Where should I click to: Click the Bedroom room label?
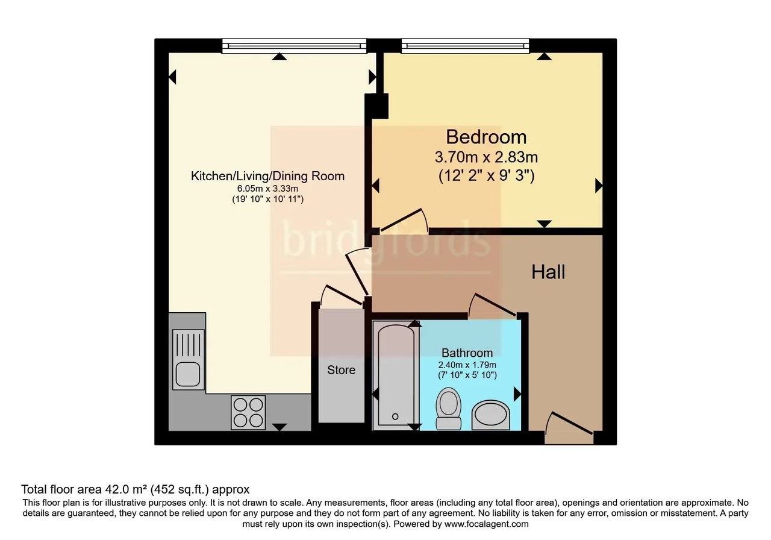(486, 137)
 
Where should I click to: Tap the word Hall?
(548, 272)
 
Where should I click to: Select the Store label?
(341, 370)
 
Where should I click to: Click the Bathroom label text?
(467, 353)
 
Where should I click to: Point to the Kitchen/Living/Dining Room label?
(267, 176)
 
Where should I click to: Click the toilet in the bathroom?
(449, 409)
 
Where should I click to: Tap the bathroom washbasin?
(490, 415)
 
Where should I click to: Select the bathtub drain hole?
(395, 416)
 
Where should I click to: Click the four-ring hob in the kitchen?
(248, 413)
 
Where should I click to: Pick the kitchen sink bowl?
(188, 375)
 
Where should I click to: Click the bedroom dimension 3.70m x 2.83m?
(486, 157)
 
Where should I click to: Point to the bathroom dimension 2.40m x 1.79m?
(467, 365)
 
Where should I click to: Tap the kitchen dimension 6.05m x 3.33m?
(267, 189)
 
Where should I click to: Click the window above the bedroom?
(465, 46)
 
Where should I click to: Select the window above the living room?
(294, 46)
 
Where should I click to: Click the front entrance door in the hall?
(569, 423)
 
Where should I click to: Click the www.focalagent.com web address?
(486, 524)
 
